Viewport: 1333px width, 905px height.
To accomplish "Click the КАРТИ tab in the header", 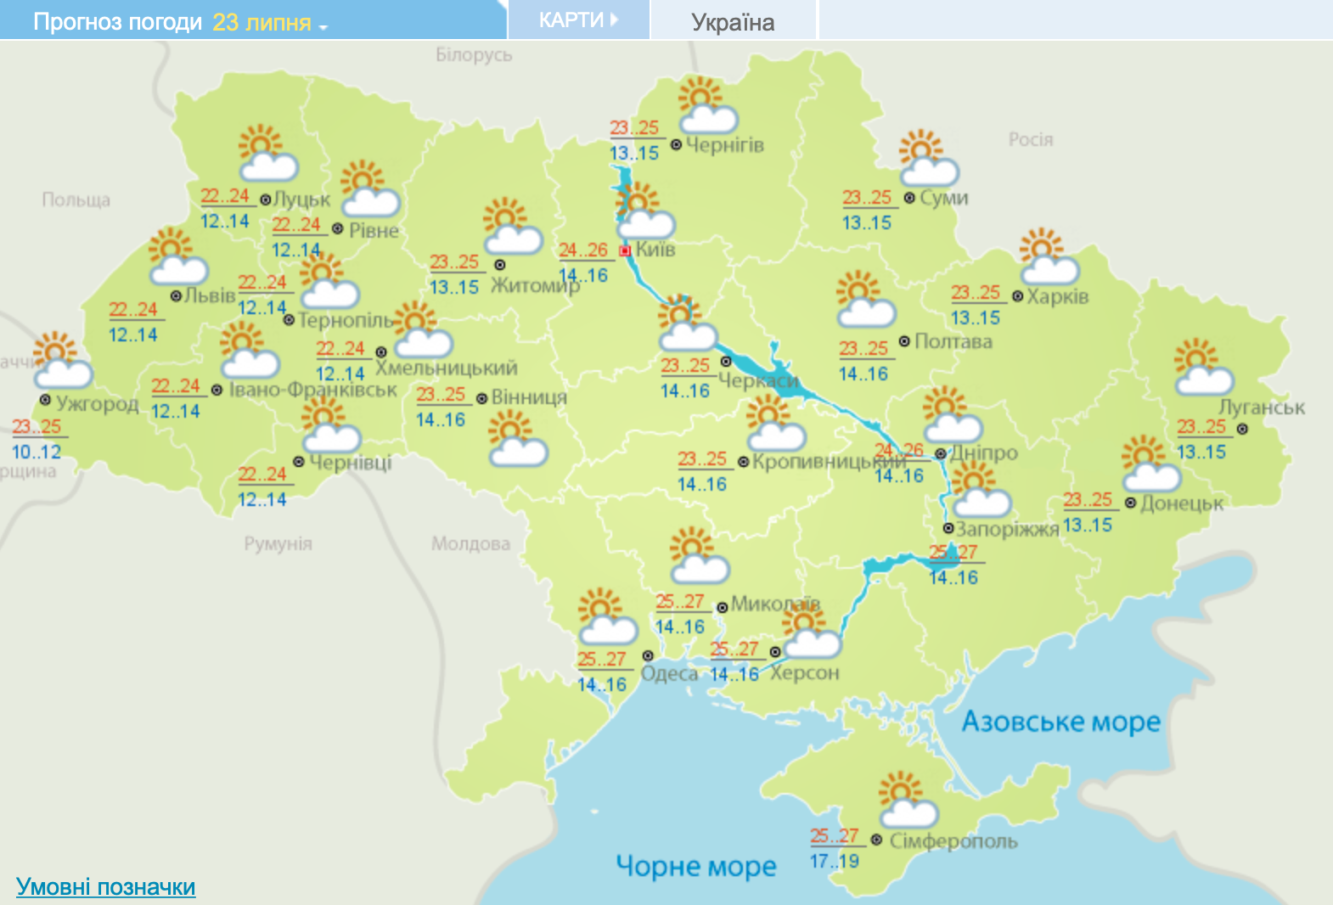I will pos(578,20).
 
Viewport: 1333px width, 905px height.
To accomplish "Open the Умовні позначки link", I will pos(106,886).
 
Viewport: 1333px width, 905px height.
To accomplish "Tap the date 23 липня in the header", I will pos(262,22).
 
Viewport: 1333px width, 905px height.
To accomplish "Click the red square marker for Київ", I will pos(625,250).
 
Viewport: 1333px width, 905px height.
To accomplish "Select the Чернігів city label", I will pos(724,145).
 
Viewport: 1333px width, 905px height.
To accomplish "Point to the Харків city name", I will pos(1057,297).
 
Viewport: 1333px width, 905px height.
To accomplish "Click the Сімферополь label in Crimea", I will pos(953,841).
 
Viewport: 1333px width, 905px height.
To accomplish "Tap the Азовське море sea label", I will pos(1060,722).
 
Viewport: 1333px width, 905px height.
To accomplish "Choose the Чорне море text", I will pos(695,866).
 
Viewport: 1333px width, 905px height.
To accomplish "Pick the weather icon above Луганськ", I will pos(1202,367).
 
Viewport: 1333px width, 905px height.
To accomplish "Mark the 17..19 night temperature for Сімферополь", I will pos(834,861).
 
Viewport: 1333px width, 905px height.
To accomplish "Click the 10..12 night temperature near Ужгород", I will pos(37,452).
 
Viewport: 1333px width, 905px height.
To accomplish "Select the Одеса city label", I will pos(669,674).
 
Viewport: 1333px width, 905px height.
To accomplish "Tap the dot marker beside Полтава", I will pos(904,341).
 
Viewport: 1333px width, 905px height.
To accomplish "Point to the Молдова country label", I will pos(470,543).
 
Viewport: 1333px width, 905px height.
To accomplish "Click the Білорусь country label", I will pos(474,55).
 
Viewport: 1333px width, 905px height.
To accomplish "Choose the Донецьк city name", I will pos(1181,504).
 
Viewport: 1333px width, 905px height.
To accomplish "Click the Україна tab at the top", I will pos(732,22).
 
